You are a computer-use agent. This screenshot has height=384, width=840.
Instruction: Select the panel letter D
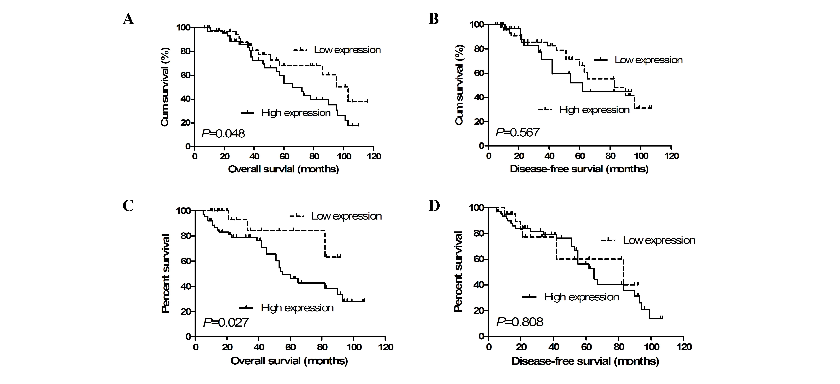coord(434,206)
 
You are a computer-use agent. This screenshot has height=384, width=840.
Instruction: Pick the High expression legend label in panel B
coord(594,110)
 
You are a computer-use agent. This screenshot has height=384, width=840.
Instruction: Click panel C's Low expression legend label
coord(346,216)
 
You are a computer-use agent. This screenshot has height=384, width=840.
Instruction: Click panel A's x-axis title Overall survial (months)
coord(283,169)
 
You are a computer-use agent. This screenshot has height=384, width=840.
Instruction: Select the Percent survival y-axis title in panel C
coord(166,274)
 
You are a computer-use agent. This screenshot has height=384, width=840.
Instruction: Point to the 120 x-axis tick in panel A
coord(374,156)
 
